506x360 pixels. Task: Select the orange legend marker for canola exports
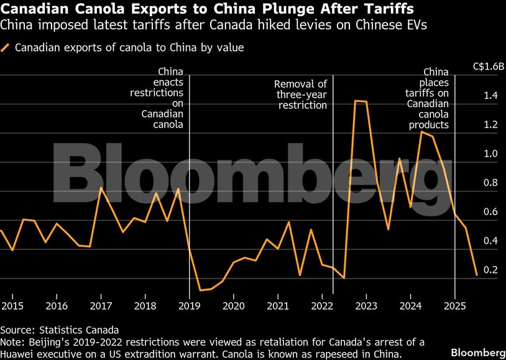pyautogui.click(x=6, y=48)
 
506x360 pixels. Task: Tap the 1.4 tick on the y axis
pyautogui.click(x=490, y=96)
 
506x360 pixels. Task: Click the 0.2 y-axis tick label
pyautogui.click(x=490, y=270)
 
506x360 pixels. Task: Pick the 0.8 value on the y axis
pyautogui.click(x=490, y=183)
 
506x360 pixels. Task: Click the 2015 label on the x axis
pyautogui.click(x=12, y=306)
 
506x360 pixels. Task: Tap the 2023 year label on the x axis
pyautogui.click(x=366, y=306)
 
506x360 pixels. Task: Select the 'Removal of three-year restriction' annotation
pyautogui.click(x=301, y=95)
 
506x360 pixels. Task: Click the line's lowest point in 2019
pyautogui.click(x=200, y=290)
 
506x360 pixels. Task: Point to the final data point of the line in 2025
pyautogui.click(x=476, y=275)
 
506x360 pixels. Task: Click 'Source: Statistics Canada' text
pyautogui.click(x=59, y=330)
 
